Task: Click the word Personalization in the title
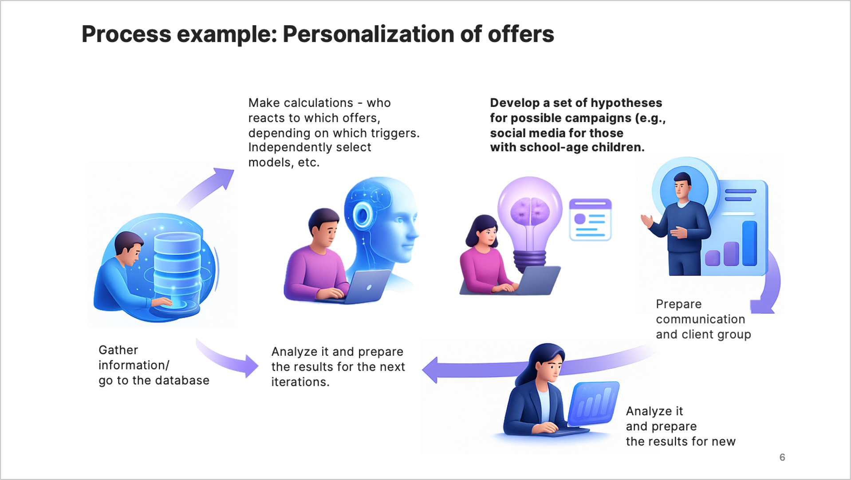pos(368,34)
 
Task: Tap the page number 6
pos(782,457)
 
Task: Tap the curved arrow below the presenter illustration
pos(770,284)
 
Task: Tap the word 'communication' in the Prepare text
pos(700,319)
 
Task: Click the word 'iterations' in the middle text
pos(299,382)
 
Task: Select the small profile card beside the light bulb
pos(591,220)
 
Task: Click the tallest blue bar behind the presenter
pos(749,243)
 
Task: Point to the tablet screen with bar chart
pos(594,404)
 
